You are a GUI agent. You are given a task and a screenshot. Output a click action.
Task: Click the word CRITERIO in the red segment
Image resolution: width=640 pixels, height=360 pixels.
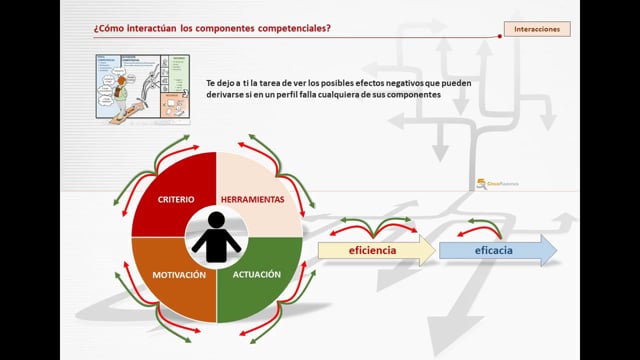tap(175, 199)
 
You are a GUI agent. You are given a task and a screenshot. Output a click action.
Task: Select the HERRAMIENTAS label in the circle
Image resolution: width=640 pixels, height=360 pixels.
tap(251, 199)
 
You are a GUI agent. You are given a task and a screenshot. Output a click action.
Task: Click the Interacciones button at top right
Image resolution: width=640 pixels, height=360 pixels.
tap(536, 30)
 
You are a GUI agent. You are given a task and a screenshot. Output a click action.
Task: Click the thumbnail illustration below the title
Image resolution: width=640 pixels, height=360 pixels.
tap(142, 85)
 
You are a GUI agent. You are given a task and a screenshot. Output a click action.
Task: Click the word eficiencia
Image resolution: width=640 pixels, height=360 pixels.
tap(368, 250)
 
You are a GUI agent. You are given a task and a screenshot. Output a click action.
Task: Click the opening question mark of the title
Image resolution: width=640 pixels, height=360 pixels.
tap(96, 29)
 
